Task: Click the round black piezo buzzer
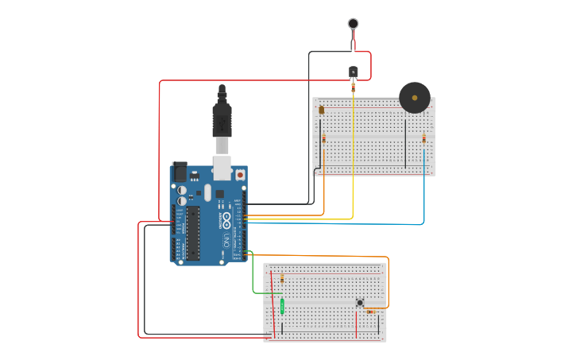(x=414, y=98)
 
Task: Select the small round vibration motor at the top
(x=353, y=24)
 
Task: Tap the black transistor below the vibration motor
(x=354, y=72)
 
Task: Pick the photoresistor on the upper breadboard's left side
(x=322, y=110)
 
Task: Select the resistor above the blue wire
(x=423, y=139)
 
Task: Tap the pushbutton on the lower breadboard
(x=360, y=302)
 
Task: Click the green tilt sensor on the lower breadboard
(x=282, y=306)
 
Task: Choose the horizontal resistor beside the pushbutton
(x=371, y=312)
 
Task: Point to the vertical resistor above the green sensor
(x=282, y=279)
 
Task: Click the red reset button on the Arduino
(x=239, y=174)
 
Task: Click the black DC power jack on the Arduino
(x=180, y=171)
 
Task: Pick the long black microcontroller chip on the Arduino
(x=193, y=232)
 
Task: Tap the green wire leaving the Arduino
(x=253, y=278)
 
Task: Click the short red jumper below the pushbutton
(x=356, y=326)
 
